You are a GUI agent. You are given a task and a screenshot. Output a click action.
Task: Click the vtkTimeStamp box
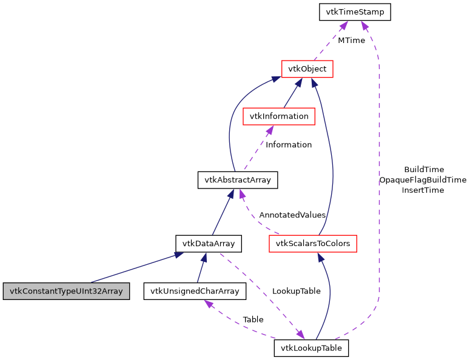(x=355, y=12)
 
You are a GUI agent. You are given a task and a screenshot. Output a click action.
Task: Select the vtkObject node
(x=307, y=69)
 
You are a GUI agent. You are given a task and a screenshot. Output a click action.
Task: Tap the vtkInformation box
(x=278, y=116)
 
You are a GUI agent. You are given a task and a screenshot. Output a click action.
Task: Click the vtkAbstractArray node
(x=238, y=180)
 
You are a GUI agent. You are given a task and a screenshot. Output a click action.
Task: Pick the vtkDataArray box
(x=209, y=244)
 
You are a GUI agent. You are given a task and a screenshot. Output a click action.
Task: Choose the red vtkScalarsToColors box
(x=313, y=244)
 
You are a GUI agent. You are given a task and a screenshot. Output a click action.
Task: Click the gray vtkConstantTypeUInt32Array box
(x=66, y=291)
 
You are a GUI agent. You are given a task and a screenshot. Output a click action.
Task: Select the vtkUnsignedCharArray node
(x=195, y=291)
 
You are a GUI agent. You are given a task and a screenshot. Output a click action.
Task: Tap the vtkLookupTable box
(x=312, y=348)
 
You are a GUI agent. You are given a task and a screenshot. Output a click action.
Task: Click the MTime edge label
(x=351, y=41)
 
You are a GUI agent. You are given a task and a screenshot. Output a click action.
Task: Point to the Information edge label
(x=289, y=145)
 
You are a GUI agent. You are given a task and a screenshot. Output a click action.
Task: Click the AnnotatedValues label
(x=292, y=215)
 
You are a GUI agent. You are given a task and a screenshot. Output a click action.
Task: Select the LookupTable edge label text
(x=296, y=291)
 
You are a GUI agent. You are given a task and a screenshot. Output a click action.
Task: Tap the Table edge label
(x=253, y=319)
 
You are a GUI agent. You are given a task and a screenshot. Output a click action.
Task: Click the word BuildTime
(x=424, y=170)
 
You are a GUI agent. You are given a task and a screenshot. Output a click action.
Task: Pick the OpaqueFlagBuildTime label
(x=423, y=180)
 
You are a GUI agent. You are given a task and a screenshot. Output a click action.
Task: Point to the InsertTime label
(x=423, y=190)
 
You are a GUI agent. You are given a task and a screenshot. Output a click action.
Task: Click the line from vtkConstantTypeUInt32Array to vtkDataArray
(x=133, y=268)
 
